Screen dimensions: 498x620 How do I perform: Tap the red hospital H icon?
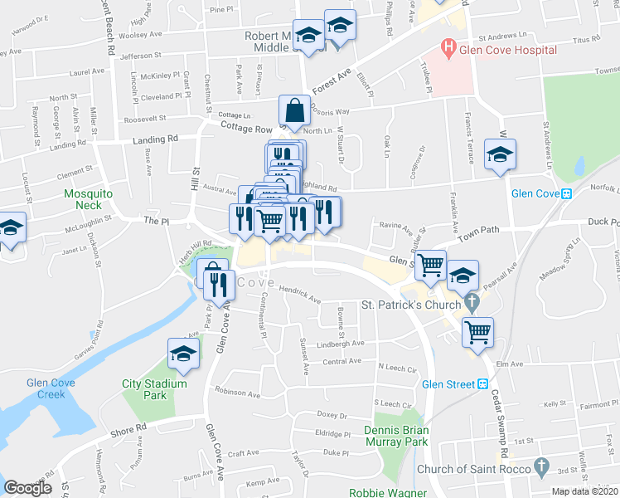[x=448, y=50]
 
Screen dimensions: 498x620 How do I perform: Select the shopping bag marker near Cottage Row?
[x=294, y=110]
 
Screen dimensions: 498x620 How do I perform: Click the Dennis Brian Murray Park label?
[x=395, y=437]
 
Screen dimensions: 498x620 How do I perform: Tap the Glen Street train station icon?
[x=482, y=384]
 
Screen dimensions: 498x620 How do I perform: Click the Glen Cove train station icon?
[x=567, y=193]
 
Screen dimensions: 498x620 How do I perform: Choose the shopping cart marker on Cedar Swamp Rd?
[x=477, y=333]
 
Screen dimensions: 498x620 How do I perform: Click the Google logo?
[x=27, y=488]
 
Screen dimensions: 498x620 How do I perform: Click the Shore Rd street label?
[x=129, y=428]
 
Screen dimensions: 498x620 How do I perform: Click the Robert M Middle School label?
[x=279, y=42]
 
